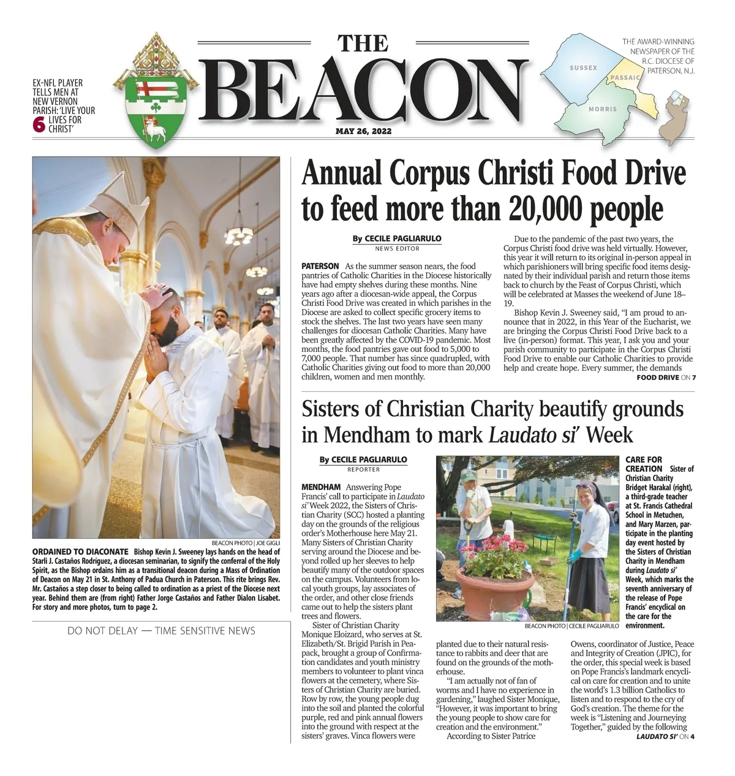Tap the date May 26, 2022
(363, 131)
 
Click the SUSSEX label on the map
(582, 67)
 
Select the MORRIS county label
(602, 108)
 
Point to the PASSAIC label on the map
(625, 78)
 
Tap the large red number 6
(38, 124)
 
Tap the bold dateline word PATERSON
(320, 266)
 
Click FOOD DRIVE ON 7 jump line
(666, 377)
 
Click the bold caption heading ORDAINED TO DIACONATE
(80, 551)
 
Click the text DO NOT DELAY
(102, 631)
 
